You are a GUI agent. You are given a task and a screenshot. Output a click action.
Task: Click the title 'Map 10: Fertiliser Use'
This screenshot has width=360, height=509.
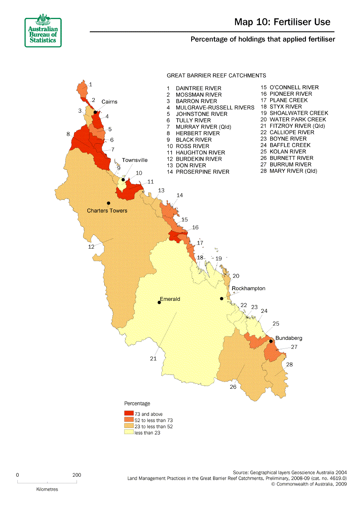coord(282,22)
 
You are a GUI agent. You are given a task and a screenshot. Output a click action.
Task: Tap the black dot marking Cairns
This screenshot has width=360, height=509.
coord(95,112)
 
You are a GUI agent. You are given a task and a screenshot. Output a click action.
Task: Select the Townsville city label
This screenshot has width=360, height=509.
coord(134,160)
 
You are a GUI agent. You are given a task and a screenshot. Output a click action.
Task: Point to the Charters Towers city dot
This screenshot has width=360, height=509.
coord(108,203)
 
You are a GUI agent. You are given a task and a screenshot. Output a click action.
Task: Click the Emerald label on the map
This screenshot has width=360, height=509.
coord(170,299)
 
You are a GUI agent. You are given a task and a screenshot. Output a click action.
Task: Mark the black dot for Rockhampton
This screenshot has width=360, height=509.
coord(221,299)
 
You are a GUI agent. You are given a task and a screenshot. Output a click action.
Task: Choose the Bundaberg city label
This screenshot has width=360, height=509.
coord(289,338)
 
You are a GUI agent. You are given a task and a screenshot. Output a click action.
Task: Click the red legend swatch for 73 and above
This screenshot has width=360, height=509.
coord(129,414)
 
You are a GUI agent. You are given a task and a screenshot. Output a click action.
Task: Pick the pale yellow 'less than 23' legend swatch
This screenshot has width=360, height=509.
coord(129,432)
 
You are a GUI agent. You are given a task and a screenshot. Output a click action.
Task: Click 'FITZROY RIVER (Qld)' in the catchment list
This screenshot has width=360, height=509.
coord(297,126)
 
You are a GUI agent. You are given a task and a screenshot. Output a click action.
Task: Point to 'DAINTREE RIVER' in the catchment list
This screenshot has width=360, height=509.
coord(198,88)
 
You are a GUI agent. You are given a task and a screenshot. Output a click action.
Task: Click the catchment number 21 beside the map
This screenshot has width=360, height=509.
coord(153,359)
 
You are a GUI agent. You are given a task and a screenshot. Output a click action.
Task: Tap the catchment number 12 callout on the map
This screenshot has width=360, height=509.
coord(91,247)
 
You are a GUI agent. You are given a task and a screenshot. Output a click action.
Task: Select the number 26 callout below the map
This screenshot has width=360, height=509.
coord(233,387)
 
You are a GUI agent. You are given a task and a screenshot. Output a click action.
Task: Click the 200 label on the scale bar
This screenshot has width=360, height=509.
coord(77,475)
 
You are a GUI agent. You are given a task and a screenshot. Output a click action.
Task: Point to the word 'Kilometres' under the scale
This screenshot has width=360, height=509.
coord(47,489)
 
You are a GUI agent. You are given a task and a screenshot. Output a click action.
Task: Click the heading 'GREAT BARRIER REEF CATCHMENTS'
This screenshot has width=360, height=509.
coord(216,76)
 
